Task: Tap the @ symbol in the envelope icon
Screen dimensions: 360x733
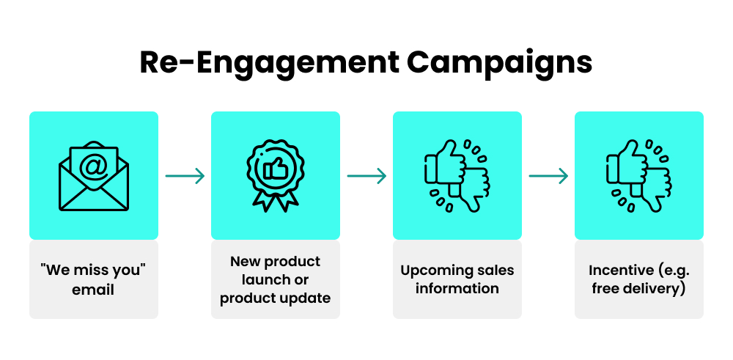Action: (x=93, y=166)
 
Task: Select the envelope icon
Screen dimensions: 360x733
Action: (x=93, y=176)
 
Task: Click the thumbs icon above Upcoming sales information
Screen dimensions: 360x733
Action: (x=457, y=176)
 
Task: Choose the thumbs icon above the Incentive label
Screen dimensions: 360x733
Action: (x=638, y=176)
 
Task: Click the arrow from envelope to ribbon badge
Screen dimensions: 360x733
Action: (x=185, y=176)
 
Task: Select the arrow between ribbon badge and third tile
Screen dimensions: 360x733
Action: (x=366, y=176)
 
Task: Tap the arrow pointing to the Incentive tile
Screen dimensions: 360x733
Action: (x=548, y=176)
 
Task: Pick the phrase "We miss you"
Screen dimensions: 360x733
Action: (x=93, y=270)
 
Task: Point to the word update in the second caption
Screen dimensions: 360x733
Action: (x=309, y=298)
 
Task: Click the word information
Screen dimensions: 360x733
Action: (x=457, y=288)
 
